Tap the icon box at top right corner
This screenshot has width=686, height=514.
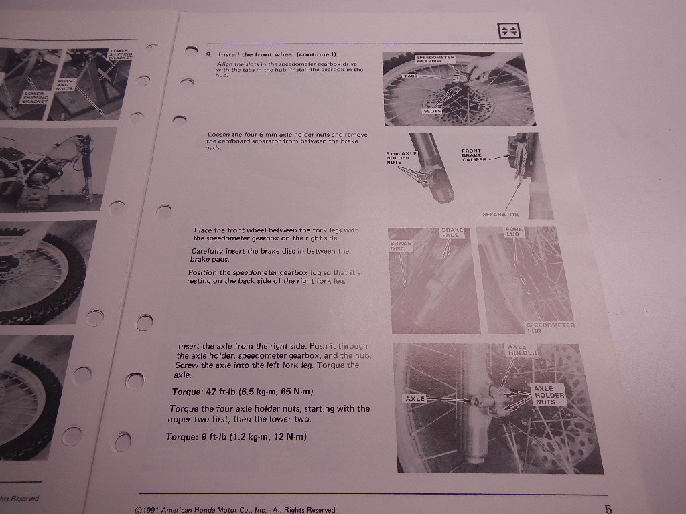coord(506,31)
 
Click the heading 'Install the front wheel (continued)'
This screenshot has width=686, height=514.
coord(277,54)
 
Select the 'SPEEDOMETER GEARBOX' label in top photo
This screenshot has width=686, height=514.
coord(435,60)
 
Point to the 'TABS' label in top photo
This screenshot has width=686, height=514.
coord(411,77)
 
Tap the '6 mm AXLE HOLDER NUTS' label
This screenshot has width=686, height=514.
coord(402,158)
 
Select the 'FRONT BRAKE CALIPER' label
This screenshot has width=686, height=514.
coord(474,155)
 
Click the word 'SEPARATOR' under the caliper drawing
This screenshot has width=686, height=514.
coord(500,215)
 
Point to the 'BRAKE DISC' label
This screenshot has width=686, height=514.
coord(400,246)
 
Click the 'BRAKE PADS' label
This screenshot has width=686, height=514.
coord(453,233)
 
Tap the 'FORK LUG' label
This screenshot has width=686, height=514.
coord(514,232)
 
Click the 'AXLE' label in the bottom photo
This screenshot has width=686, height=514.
coord(415,399)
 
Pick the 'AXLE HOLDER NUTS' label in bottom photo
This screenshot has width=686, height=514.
coord(548,396)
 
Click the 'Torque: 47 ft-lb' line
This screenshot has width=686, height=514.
coord(243,391)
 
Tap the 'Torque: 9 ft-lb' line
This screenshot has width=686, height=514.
coord(237,437)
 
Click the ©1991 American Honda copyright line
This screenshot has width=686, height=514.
coord(234,509)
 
